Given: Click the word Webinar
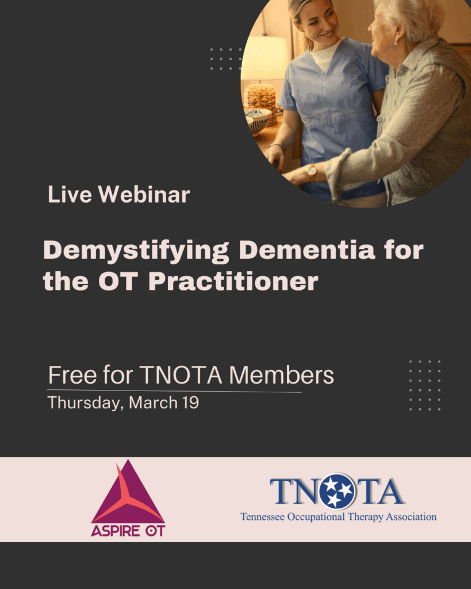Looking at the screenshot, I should click(144, 195).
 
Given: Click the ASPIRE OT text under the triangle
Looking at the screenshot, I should click(128, 530).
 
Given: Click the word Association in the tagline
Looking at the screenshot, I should click(409, 517).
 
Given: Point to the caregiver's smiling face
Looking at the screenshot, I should click(317, 23).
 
